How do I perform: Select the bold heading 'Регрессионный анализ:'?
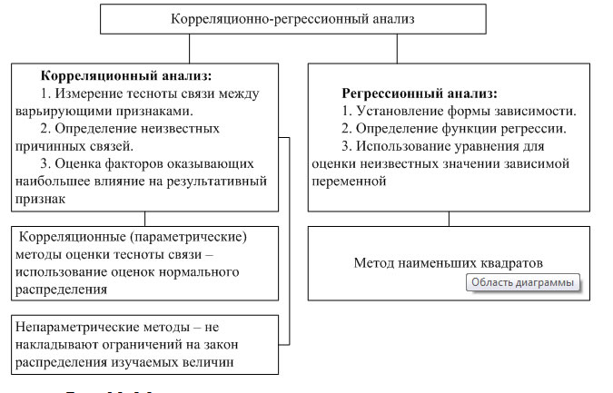420,93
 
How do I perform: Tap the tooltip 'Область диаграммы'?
523,282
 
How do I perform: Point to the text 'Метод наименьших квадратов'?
449,262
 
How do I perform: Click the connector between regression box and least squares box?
449,218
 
